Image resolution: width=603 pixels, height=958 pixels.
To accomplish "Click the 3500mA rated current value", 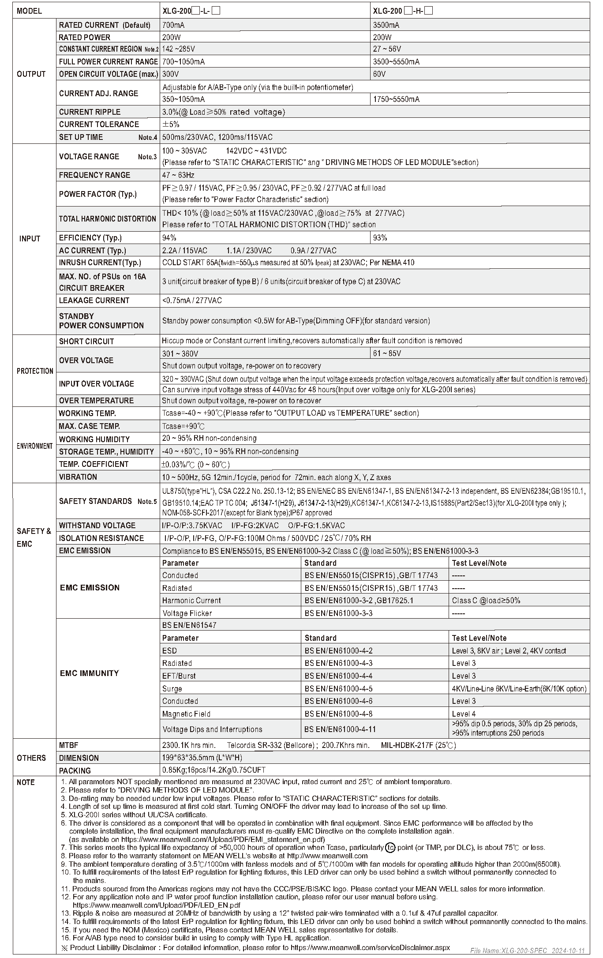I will pos(386,25).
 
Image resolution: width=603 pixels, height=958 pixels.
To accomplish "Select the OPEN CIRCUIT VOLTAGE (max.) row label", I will pos(108,74).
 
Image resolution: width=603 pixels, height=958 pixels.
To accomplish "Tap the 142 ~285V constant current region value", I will pos(179,49).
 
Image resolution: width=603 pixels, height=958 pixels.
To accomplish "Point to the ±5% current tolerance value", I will pos(171,124).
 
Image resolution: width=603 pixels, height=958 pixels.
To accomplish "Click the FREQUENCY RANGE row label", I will pos(94,175).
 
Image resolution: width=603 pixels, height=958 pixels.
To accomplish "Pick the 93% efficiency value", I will pos(380,238).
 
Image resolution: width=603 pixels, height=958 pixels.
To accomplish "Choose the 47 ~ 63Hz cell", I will pos(178,175).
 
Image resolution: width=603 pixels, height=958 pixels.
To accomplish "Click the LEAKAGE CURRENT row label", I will pos(94,301).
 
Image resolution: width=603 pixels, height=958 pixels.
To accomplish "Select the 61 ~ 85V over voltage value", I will pos(387,353).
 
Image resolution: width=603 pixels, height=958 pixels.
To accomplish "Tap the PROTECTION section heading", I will pos(35,371).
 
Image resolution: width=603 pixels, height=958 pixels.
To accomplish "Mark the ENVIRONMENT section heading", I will pos(35,446).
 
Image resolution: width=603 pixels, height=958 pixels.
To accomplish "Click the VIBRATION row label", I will pos(78,477).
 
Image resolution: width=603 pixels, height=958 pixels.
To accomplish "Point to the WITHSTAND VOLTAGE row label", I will pos(97,526).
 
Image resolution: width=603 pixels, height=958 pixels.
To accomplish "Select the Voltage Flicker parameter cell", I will pos(187,613).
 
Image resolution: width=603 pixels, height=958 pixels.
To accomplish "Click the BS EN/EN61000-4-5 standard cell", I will pos(338,689).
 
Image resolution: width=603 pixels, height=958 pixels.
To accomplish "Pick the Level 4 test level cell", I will pos(464,714).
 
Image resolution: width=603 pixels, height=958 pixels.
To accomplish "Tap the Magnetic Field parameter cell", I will pos(186,714).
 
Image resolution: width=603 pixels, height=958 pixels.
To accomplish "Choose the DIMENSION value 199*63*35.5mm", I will pos(202,758).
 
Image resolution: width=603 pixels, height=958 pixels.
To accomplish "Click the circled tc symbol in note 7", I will pos(390,847).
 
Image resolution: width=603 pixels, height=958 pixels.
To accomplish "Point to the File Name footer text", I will pos(528,950).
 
